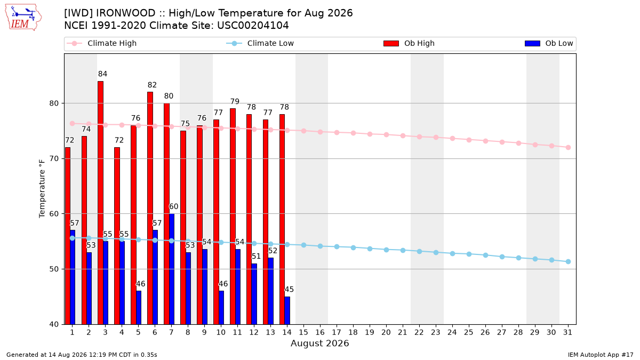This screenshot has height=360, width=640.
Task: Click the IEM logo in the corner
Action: coord(23,18)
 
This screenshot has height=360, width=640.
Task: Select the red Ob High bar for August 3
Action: coord(101,203)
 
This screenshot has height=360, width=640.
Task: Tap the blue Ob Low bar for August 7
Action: coord(172,269)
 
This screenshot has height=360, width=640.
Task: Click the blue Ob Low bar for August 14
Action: coord(287,310)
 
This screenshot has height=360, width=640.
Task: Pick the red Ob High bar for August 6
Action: coord(150,208)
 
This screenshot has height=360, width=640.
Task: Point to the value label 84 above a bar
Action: coord(102,74)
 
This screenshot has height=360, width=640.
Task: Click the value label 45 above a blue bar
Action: coord(289,290)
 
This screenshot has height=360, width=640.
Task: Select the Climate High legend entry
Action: coord(102,43)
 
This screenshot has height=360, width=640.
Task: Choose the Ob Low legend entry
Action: coord(549,43)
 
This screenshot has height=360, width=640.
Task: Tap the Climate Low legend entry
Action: coord(260,43)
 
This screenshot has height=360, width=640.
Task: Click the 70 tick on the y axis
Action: coord(54,158)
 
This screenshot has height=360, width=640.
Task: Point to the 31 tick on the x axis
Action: coord(567,332)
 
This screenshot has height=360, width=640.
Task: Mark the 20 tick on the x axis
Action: coord(386,332)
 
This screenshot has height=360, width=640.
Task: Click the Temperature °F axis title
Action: coord(42,189)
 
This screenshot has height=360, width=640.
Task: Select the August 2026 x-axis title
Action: coord(319,343)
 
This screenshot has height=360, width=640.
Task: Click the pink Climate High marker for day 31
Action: coord(568,147)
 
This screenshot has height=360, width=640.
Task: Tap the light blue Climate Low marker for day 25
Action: coord(469,254)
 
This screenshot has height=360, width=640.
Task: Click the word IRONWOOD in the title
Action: coord(125,13)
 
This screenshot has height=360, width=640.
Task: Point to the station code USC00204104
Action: coord(253,26)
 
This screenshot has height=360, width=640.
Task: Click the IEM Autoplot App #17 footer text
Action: coord(601,355)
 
